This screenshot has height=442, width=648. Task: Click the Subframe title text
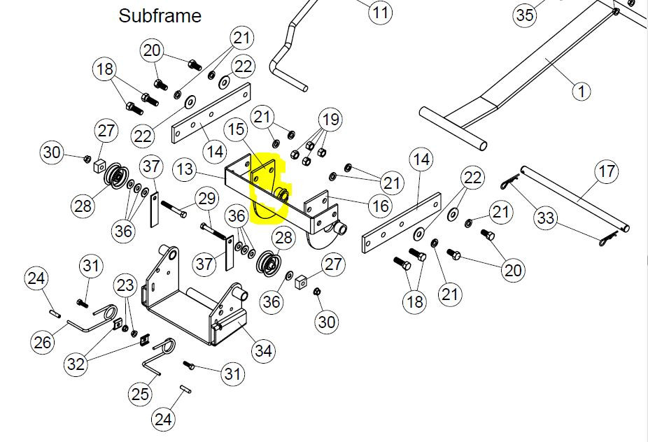(160, 15)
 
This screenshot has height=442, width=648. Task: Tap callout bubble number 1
(582, 92)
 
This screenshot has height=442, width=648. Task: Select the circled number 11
(380, 12)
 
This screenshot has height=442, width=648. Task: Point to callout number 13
(185, 169)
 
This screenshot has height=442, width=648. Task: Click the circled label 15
(236, 129)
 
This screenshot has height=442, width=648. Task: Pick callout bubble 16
(381, 206)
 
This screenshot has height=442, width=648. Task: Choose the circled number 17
(607, 171)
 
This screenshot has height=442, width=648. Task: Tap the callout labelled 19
(330, 120)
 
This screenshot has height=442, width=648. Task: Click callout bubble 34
(264, 350)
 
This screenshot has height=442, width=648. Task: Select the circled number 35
(526, 15)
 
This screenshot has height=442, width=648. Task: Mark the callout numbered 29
(206, 199)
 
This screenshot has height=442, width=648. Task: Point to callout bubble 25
(140, 394)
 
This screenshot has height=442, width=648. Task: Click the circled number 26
(43, 342)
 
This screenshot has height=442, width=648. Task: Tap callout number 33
(546, 218)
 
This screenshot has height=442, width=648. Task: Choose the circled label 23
(125, 285)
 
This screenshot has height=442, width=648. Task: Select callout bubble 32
(76, 364)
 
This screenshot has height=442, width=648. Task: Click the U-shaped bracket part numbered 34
(195, 296)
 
